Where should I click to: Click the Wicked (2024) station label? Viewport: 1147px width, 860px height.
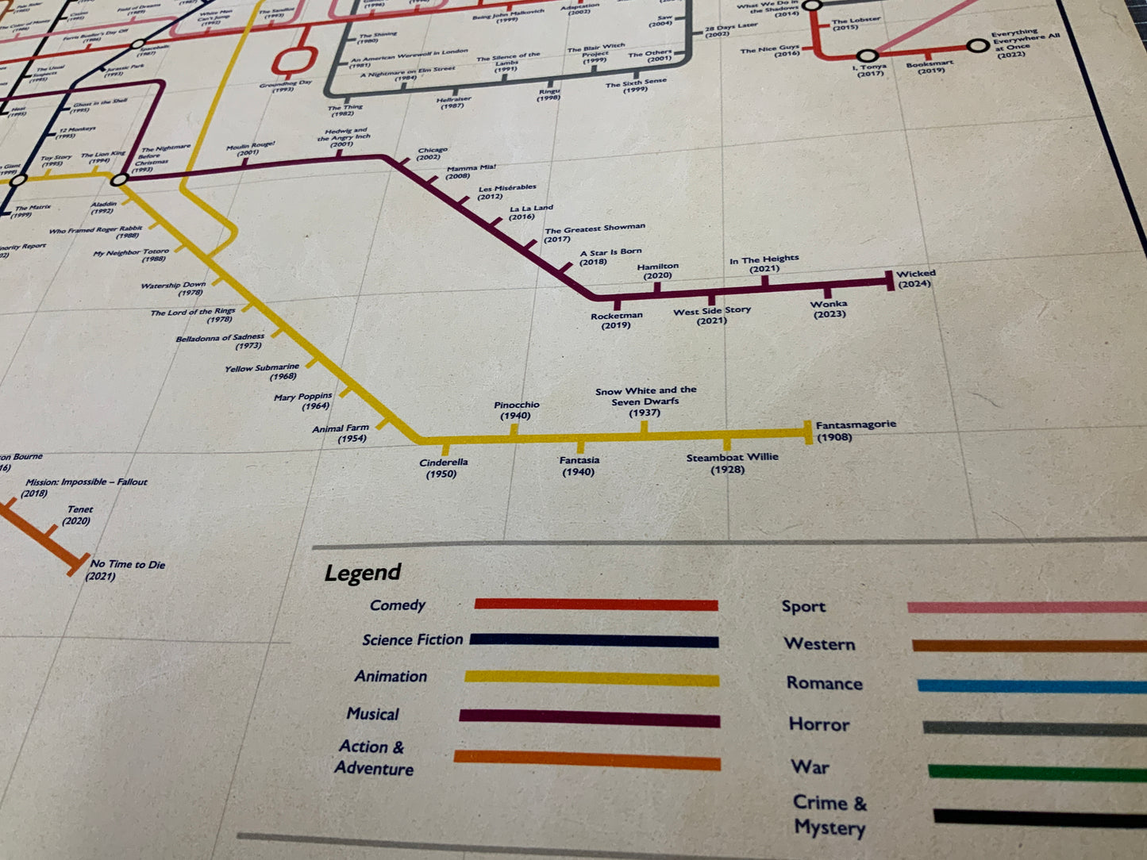click(x=915, y=278)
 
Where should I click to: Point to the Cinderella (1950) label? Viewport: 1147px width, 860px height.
click(x=443, y=468)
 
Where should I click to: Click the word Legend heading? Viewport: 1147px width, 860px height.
click(x=363, y=573)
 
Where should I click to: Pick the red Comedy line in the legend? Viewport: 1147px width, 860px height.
click(x=595, y=605)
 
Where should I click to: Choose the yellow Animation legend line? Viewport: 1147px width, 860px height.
click(x=591, y=678)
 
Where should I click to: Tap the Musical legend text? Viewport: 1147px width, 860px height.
click(x=372, y=714)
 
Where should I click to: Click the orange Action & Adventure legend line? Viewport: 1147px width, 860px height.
click(x=587, y=760)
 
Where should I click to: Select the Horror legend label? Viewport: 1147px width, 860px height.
click(x=818, y=724)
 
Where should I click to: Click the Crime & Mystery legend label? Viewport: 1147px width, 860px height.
click(x=829, y=815)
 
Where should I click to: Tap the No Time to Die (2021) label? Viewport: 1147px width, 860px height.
click(x=127, y=570)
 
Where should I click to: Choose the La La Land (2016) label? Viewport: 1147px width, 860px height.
click(x=530, y=212)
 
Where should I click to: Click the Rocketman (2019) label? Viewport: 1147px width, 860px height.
click(x=616, y=320)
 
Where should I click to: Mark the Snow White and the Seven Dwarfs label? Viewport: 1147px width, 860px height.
click(x=645, y=401)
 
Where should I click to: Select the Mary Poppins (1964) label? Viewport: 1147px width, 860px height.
click(x=302, y=401)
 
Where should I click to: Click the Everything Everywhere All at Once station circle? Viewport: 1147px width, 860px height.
click(x=978, y=47)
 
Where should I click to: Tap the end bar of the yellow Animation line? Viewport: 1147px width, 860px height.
click(x=808, y=432)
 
